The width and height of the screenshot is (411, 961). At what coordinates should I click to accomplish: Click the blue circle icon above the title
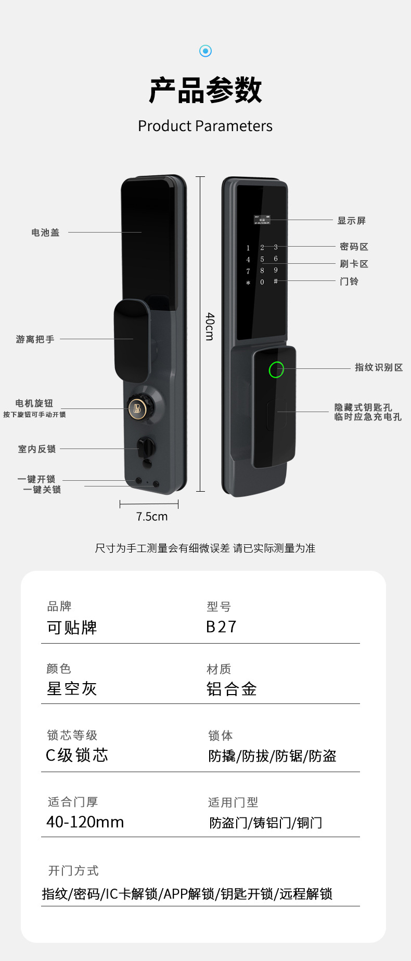pos(205,51)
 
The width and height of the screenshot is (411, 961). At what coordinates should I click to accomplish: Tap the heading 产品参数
pos(205,91)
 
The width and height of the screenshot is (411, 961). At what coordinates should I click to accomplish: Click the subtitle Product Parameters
pos(205,126)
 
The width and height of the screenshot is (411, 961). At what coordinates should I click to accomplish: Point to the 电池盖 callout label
pos(46,233)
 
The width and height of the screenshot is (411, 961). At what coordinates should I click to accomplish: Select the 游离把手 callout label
pos(35,339)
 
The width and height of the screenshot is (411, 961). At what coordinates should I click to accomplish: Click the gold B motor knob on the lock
pos(137,408)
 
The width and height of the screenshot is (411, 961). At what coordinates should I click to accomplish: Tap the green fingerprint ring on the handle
pos(276,369)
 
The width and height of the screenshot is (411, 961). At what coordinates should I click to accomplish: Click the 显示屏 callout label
pos(352,221)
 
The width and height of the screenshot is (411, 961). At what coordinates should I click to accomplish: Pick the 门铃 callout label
pos(349,281)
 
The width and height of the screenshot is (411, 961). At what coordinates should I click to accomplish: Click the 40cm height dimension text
pos(210,327)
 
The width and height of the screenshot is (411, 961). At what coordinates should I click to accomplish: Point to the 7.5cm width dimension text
pos(152,517)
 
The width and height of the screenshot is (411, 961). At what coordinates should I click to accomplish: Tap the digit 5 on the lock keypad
pos(262,259)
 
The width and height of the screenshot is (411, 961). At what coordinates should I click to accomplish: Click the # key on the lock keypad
pos(276,281)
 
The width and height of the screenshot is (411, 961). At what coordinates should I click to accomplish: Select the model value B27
pos(222,627)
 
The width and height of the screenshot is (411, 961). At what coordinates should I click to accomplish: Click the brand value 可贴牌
pos(72,627)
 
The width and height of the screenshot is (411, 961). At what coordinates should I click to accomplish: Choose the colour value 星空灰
pos(72,689)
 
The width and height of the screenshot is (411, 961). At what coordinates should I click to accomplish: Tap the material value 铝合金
pos(232,689)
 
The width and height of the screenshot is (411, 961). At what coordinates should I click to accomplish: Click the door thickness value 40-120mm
pos(85,822)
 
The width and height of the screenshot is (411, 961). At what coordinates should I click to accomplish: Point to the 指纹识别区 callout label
pos(379,368)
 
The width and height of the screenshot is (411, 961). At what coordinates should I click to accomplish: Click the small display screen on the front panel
pos(262,220)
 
